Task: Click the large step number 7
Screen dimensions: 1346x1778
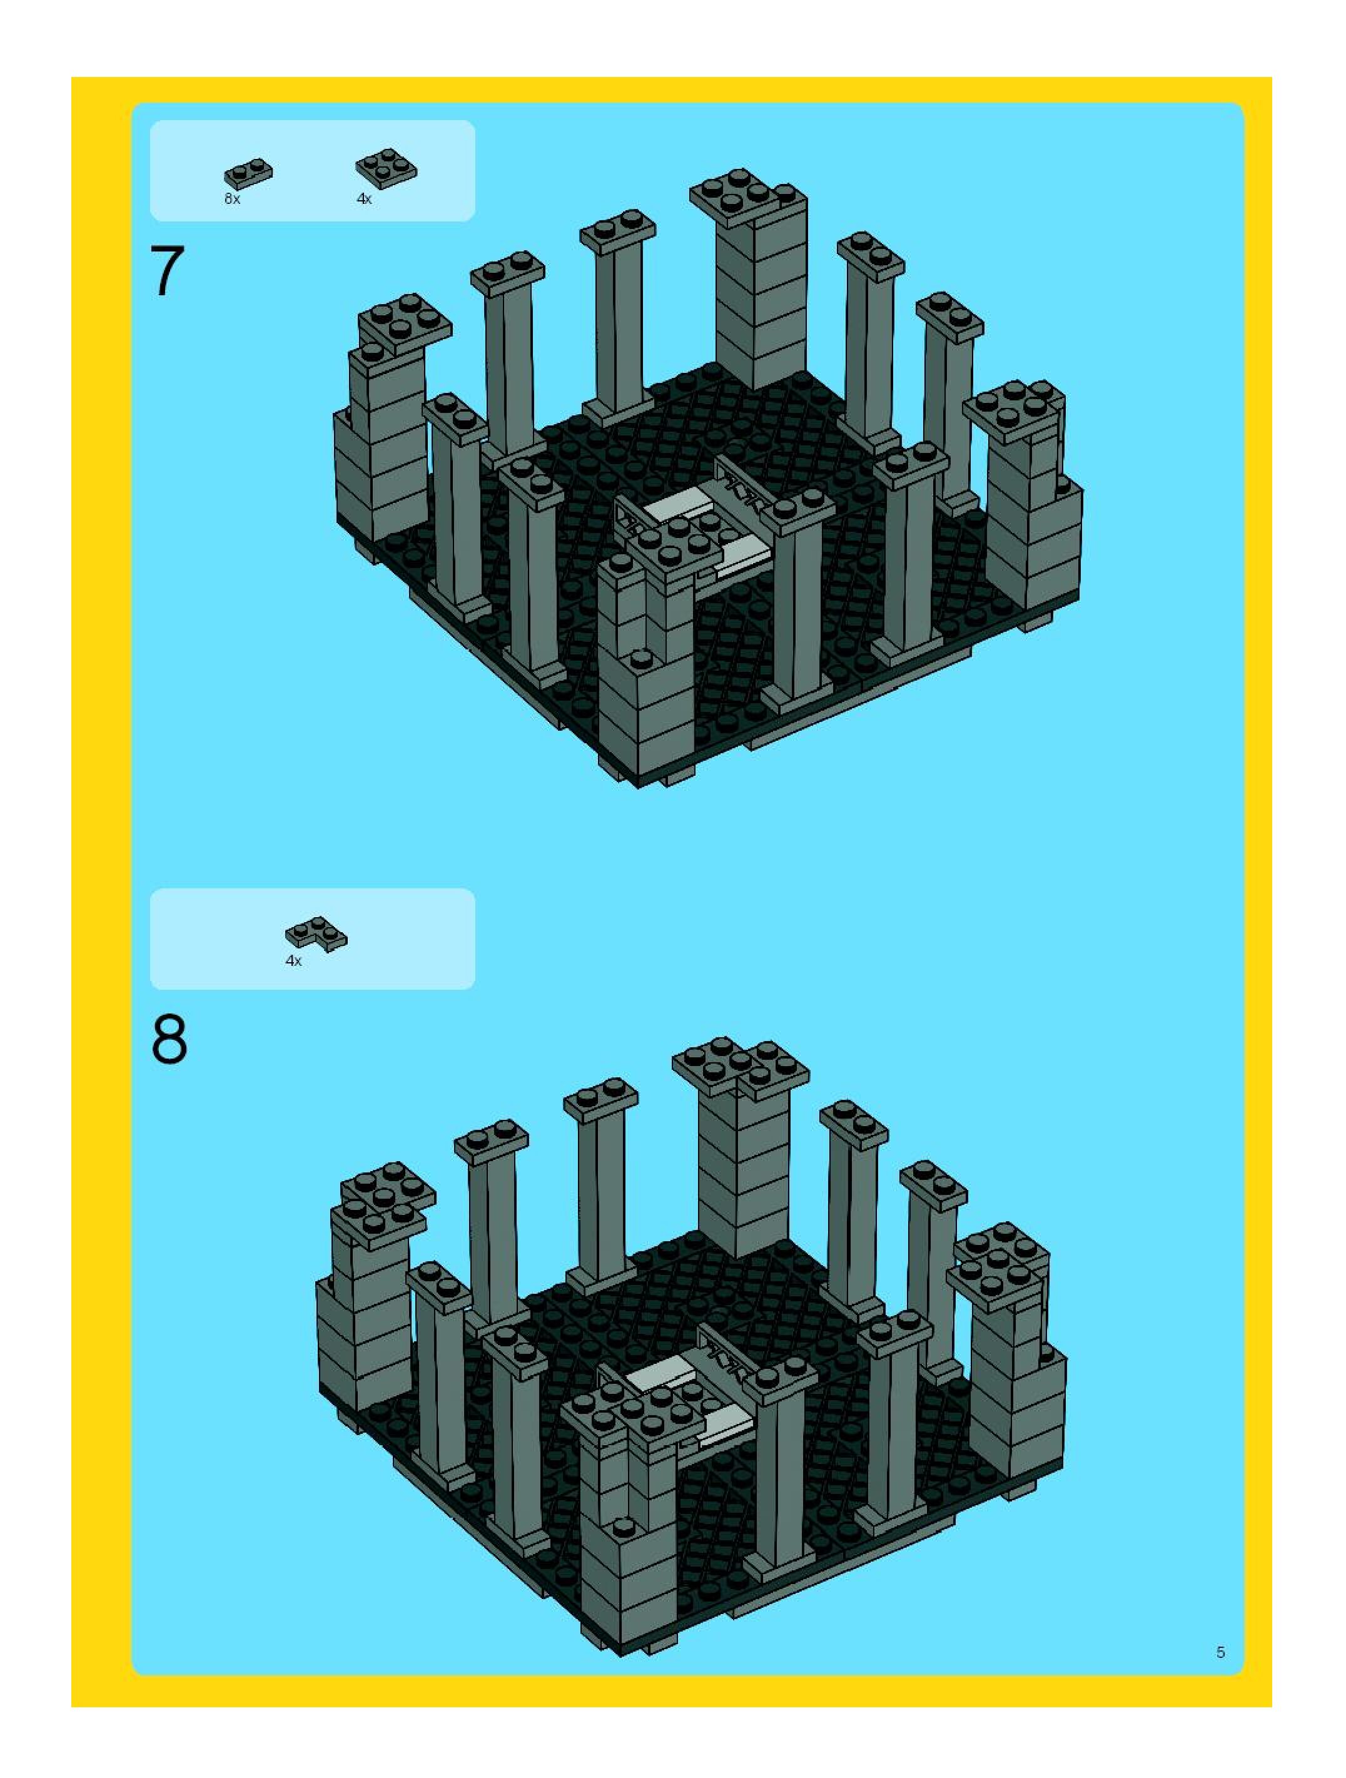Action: point(167,272)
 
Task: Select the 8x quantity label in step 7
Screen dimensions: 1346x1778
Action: point(232,198)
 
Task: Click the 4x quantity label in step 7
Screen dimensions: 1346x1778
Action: point(364,198)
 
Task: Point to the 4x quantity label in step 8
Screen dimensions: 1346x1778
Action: point(293,960)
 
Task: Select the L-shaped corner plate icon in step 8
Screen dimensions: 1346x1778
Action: point(315,935)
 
